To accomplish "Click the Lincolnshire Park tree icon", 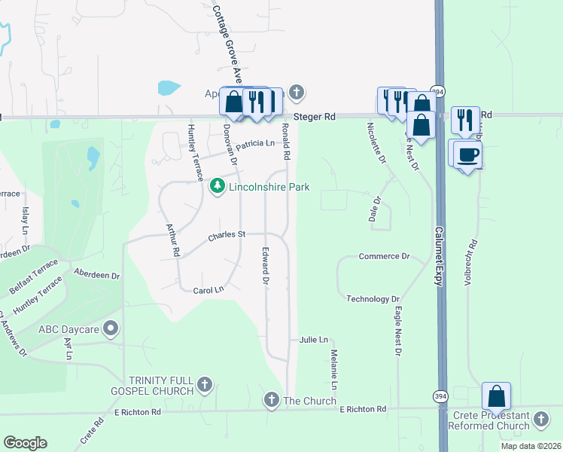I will tap(218, 185).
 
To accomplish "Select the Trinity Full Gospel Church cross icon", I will tap(203, 386).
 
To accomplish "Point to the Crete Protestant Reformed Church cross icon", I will tap(540, 418).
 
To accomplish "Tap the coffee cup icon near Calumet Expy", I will tap(467, 154).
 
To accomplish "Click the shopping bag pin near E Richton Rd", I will tap(497, 395).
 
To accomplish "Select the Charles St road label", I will tap(227, 235).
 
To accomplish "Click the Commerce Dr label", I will tap(384, 256).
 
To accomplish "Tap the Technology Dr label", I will tap(373, 299).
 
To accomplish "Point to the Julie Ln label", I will tap(314, 341).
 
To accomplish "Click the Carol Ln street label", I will tap(208, 290).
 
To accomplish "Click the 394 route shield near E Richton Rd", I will tap(439, 395).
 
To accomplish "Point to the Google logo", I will tap(25, 443).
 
